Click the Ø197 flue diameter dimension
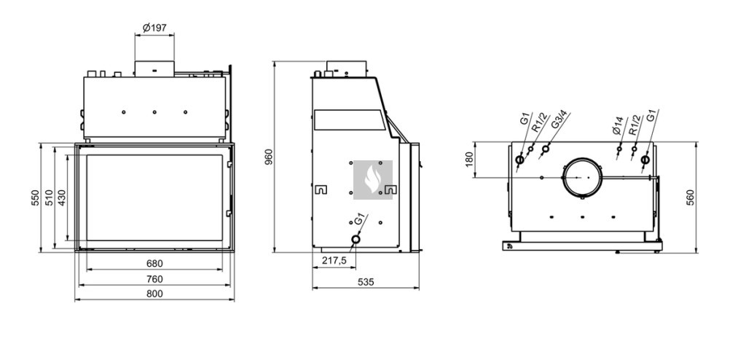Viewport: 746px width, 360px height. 154,28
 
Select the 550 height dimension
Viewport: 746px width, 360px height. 36,197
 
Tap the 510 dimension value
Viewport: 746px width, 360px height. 49,197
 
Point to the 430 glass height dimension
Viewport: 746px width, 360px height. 62,197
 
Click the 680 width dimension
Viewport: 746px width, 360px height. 154,263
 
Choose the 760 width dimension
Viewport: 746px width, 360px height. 154,278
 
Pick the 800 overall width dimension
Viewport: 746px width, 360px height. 154,294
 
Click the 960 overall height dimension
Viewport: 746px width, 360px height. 269,157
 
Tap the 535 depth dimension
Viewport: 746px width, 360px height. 366,282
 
